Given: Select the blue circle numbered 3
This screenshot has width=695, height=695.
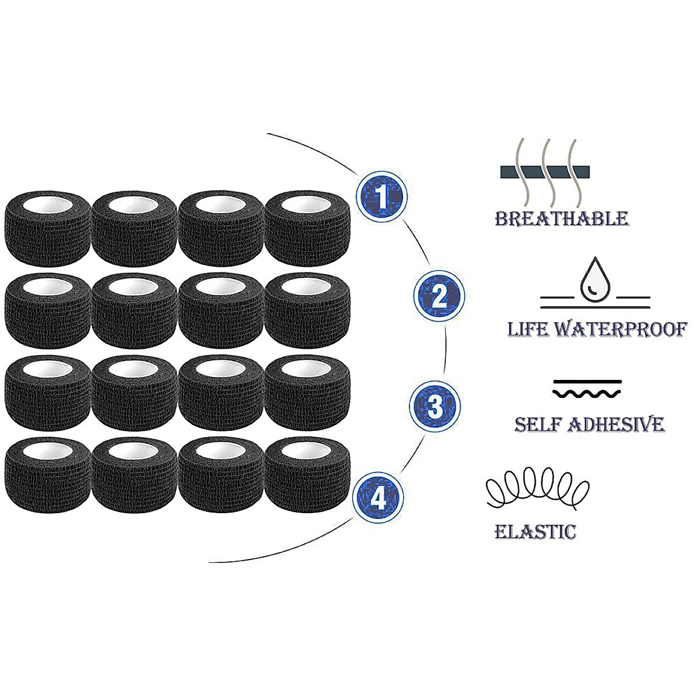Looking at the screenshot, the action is pos(434,406).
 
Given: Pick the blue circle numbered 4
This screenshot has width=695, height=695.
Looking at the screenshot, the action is pos(378,498).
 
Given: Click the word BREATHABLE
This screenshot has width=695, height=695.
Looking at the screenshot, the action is pos(562,218).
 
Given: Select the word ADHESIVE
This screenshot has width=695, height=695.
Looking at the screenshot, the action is pos(616,424).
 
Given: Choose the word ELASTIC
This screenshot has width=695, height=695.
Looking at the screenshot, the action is pos(535,532).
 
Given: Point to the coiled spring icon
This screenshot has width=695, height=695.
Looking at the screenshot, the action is pos(537,489).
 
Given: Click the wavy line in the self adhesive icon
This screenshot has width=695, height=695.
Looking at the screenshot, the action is pos(587,393).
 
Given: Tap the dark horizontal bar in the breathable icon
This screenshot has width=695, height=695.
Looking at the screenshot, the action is pos(545,171).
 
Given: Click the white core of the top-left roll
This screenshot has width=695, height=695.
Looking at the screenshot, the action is pos(47,205).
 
